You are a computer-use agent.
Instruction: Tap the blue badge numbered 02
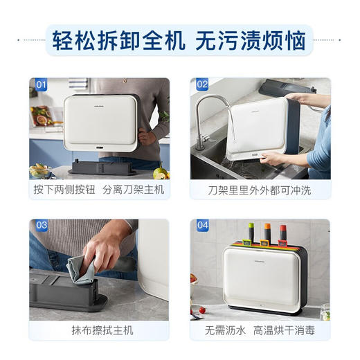(202, 85)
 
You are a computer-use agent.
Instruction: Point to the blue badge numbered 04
(202, 226)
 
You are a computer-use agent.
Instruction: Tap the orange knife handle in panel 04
(266, 232)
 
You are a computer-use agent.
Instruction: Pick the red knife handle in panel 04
(284, 231)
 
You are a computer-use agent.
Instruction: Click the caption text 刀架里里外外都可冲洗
(260, 189)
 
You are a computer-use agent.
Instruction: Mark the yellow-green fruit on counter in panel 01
(160, 172)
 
